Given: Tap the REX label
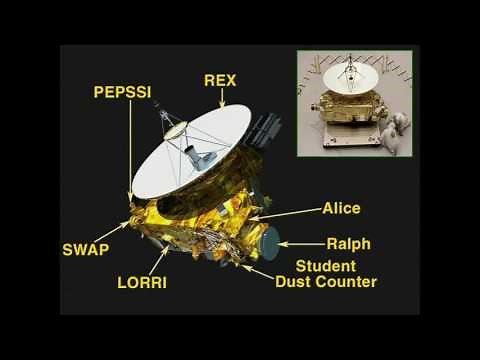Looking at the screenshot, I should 221,80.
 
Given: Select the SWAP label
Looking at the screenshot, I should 85,249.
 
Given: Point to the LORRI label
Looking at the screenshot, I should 142,283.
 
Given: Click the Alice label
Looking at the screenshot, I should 341,208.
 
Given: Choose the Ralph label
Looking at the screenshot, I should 348,243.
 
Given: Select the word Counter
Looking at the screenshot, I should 347,282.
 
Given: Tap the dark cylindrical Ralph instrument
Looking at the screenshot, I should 269,240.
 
